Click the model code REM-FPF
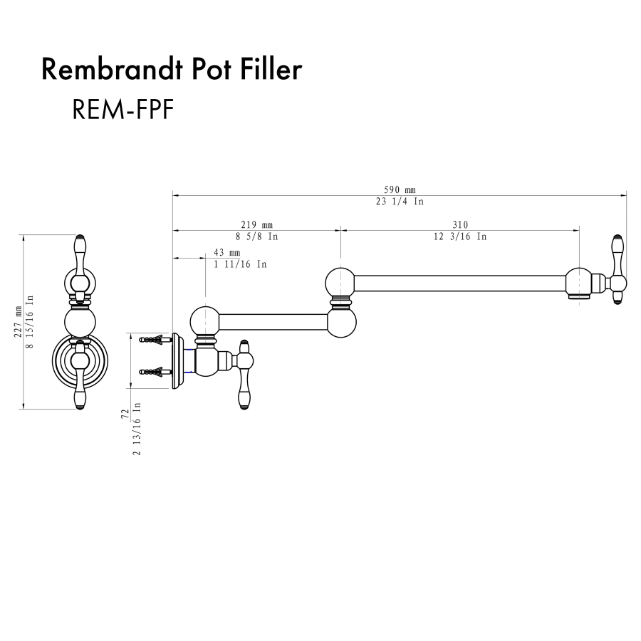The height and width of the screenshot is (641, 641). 123,110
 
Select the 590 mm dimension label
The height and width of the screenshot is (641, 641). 400,189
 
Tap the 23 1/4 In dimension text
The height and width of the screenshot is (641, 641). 400,202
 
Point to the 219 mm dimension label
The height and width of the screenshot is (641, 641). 257,225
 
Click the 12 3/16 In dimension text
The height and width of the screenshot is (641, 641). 460,236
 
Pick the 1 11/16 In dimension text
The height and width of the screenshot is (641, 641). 241,264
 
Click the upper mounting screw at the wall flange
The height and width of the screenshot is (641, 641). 157,340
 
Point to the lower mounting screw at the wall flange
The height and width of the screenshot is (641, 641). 157,371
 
